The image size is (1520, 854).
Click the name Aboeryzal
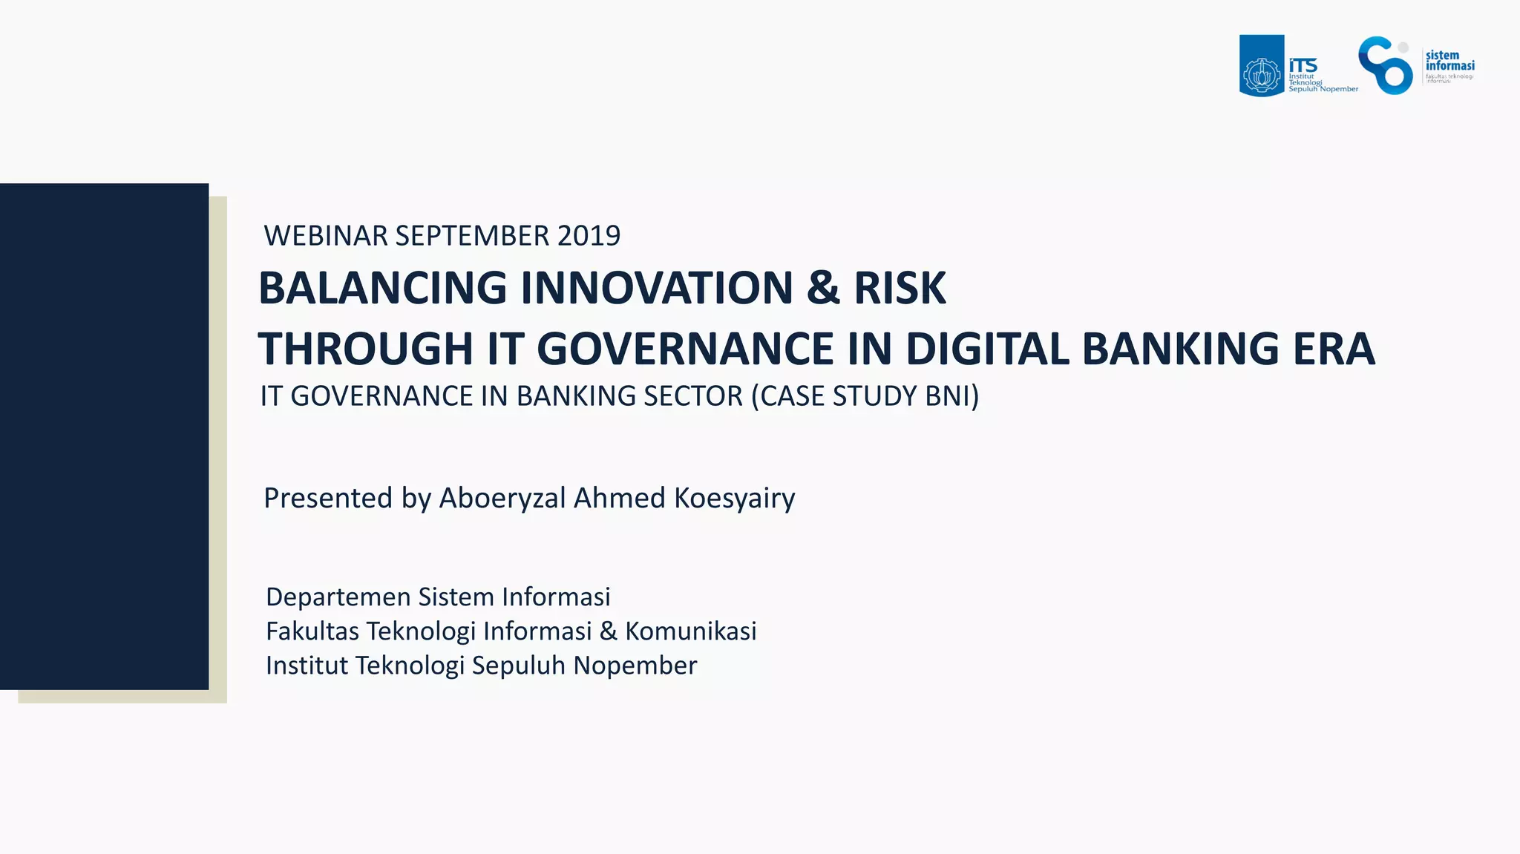(x=502, y=498)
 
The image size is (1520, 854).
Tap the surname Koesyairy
(x=734, y=498)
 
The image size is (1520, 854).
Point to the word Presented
(x=327, y=498)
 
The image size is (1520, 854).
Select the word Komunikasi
(x=690, y=631)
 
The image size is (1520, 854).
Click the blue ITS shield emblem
(x=1261, y=66)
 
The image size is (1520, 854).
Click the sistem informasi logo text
(x=1449, y=61)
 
